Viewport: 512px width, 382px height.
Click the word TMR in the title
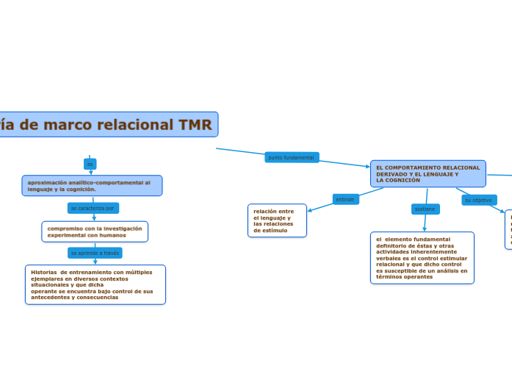pos(195,125)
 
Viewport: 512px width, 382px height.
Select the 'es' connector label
pos(90,164)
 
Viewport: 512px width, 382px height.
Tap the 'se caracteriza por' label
pos(93,208)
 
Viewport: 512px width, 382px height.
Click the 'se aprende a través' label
pos(95,253)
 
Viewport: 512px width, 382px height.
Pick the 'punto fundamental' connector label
pos(291,157)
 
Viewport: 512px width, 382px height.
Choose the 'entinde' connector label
pos(345,199)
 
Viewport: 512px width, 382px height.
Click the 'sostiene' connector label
pos(425,209)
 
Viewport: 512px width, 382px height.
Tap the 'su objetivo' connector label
pos(478,200)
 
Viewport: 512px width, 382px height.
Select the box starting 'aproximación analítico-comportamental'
pos(92,185)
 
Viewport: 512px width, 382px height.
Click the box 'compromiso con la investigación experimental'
pos(95,231)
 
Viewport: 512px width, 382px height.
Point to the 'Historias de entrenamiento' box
pos(95,284)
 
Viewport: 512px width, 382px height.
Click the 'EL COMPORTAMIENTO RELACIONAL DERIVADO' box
pos(428,173)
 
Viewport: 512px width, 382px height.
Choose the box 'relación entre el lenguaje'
pos(277,220)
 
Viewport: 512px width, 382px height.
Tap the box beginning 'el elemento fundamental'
pos(422,258)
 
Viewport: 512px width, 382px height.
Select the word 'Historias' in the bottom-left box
pos(43,272)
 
